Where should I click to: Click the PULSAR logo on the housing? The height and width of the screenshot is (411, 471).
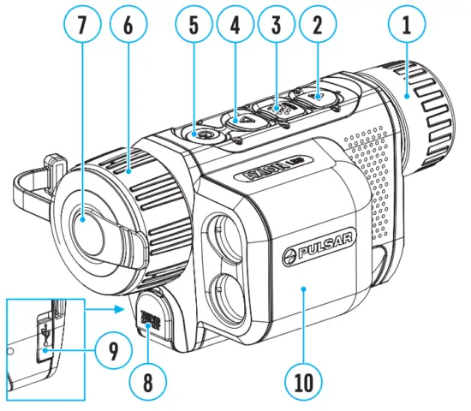[315, 251]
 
